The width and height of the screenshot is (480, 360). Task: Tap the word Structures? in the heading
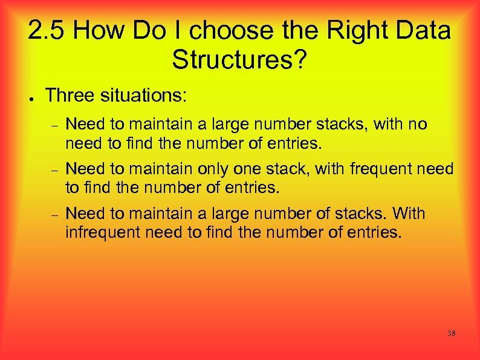coord(240,59)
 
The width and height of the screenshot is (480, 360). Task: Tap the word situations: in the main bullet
coord(144,94)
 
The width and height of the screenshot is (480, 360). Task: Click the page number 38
coord(451,333)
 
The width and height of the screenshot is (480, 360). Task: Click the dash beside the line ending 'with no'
coord(54,126)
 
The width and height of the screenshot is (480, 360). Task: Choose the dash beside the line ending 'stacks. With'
coord(54,215)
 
